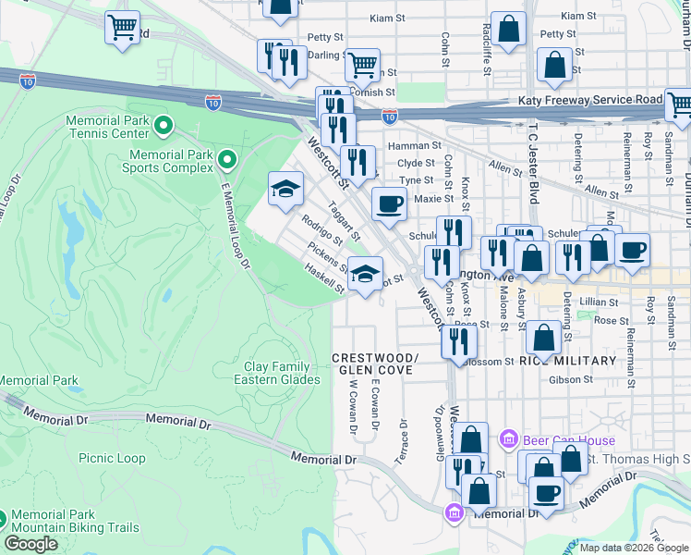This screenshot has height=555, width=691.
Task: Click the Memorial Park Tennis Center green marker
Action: pos(164,124)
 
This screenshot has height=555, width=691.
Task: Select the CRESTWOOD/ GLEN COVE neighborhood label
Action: pos(374,364)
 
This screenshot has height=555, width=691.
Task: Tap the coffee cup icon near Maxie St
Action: pos(389,203)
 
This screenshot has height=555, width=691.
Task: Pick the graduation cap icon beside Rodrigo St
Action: pos(285,189)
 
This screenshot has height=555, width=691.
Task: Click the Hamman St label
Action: pos(414,145)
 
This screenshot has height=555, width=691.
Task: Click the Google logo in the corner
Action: pos(30,543)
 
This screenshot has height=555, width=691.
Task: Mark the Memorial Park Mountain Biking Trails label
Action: pos(74,521)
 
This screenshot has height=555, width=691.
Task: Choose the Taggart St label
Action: pos(342,225)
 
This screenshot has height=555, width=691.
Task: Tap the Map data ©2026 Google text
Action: pos(634,548)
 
